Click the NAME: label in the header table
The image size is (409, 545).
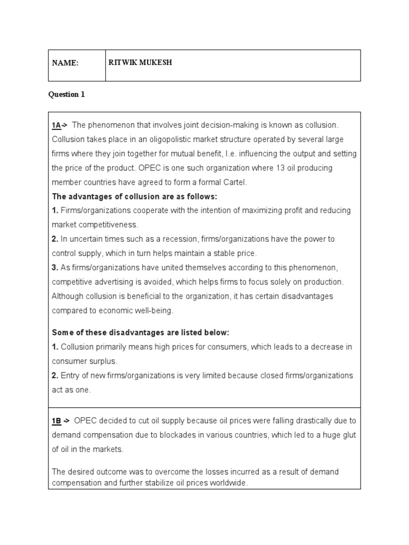click(65, 63)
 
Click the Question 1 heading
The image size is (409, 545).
click(67, 95)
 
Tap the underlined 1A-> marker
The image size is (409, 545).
click(60, 125)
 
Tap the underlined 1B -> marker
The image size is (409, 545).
click(61, 421)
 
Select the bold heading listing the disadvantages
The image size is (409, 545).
click(140, 333)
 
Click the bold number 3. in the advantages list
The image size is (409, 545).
click(55, 267)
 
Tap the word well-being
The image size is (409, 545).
click(153, 310)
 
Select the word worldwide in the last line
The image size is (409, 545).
click(229, 483)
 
